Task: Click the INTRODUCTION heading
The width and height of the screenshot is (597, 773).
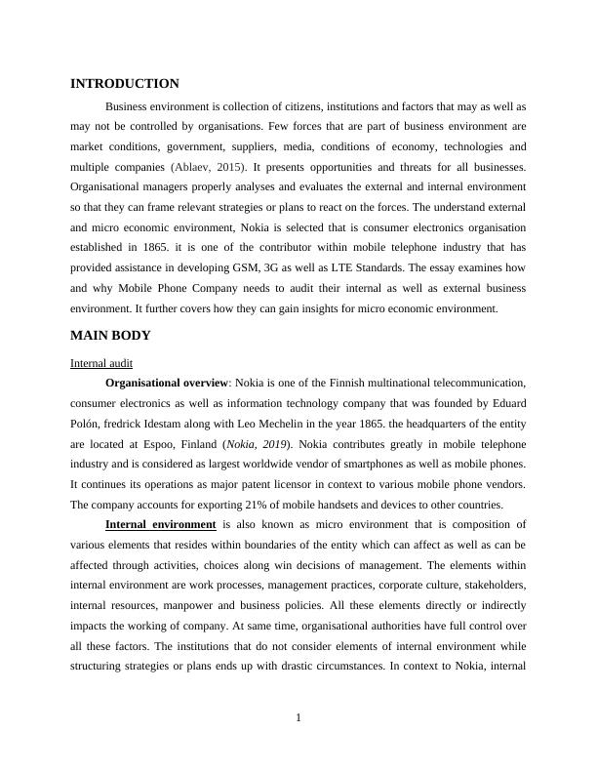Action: pyautogui.click(x=125, y=84)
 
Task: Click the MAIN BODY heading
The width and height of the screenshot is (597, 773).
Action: pyautogui.click(x=110, y=336)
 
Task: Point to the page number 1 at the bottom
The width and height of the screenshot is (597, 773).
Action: pyautogui.click(x=298, y=718)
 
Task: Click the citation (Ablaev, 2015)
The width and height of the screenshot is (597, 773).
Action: pyautogui.click(x=208, y=167)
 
